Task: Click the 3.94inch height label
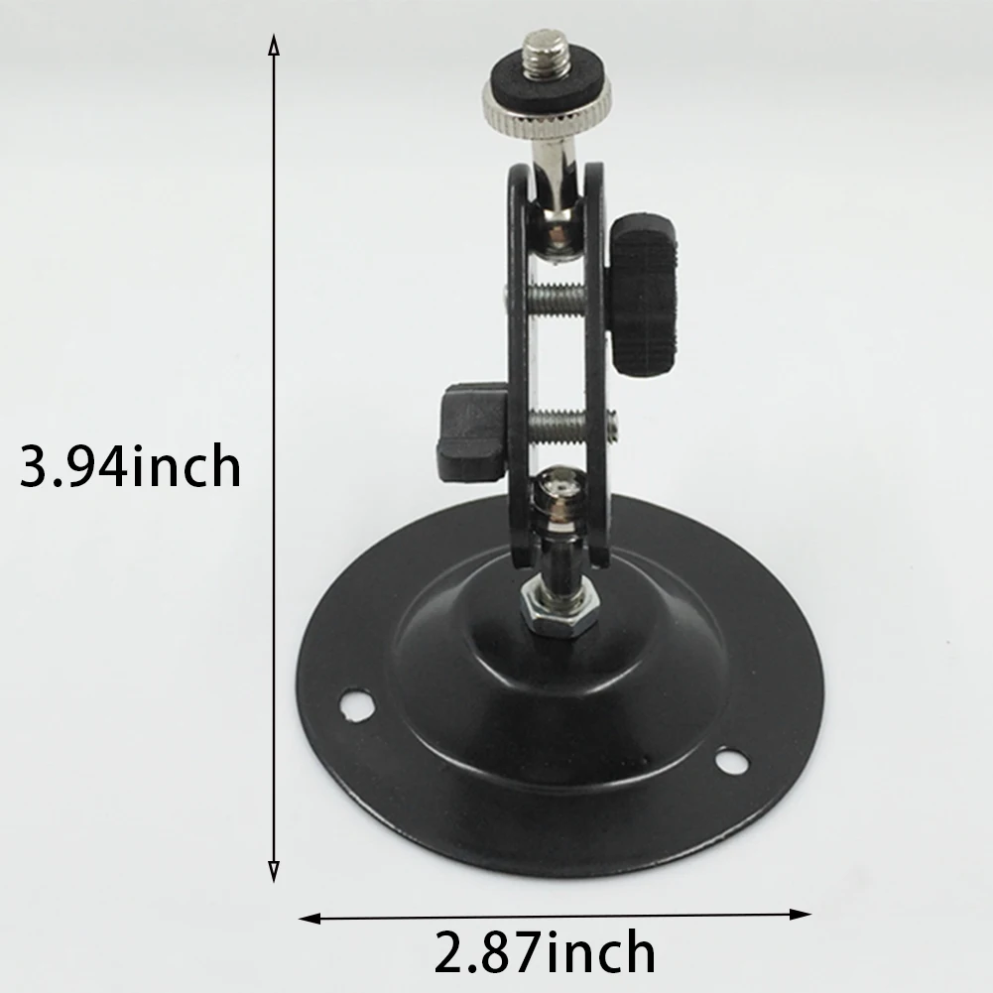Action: [130, 466]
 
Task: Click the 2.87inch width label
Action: [545, 953]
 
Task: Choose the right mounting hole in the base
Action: [731, 761]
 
